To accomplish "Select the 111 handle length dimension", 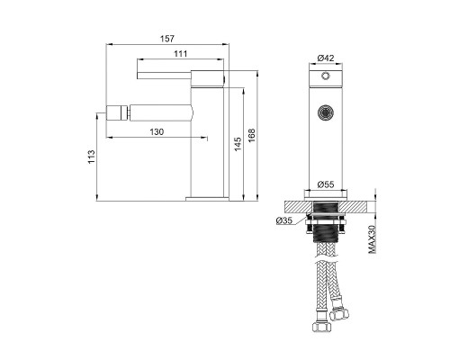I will (x=181, y=56).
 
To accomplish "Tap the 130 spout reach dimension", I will (x=157, y=132).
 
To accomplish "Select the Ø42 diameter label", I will (x=326, y=58).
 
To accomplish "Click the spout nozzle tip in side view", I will (x=102, y=113).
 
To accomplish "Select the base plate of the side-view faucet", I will (x=209, y=197).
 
